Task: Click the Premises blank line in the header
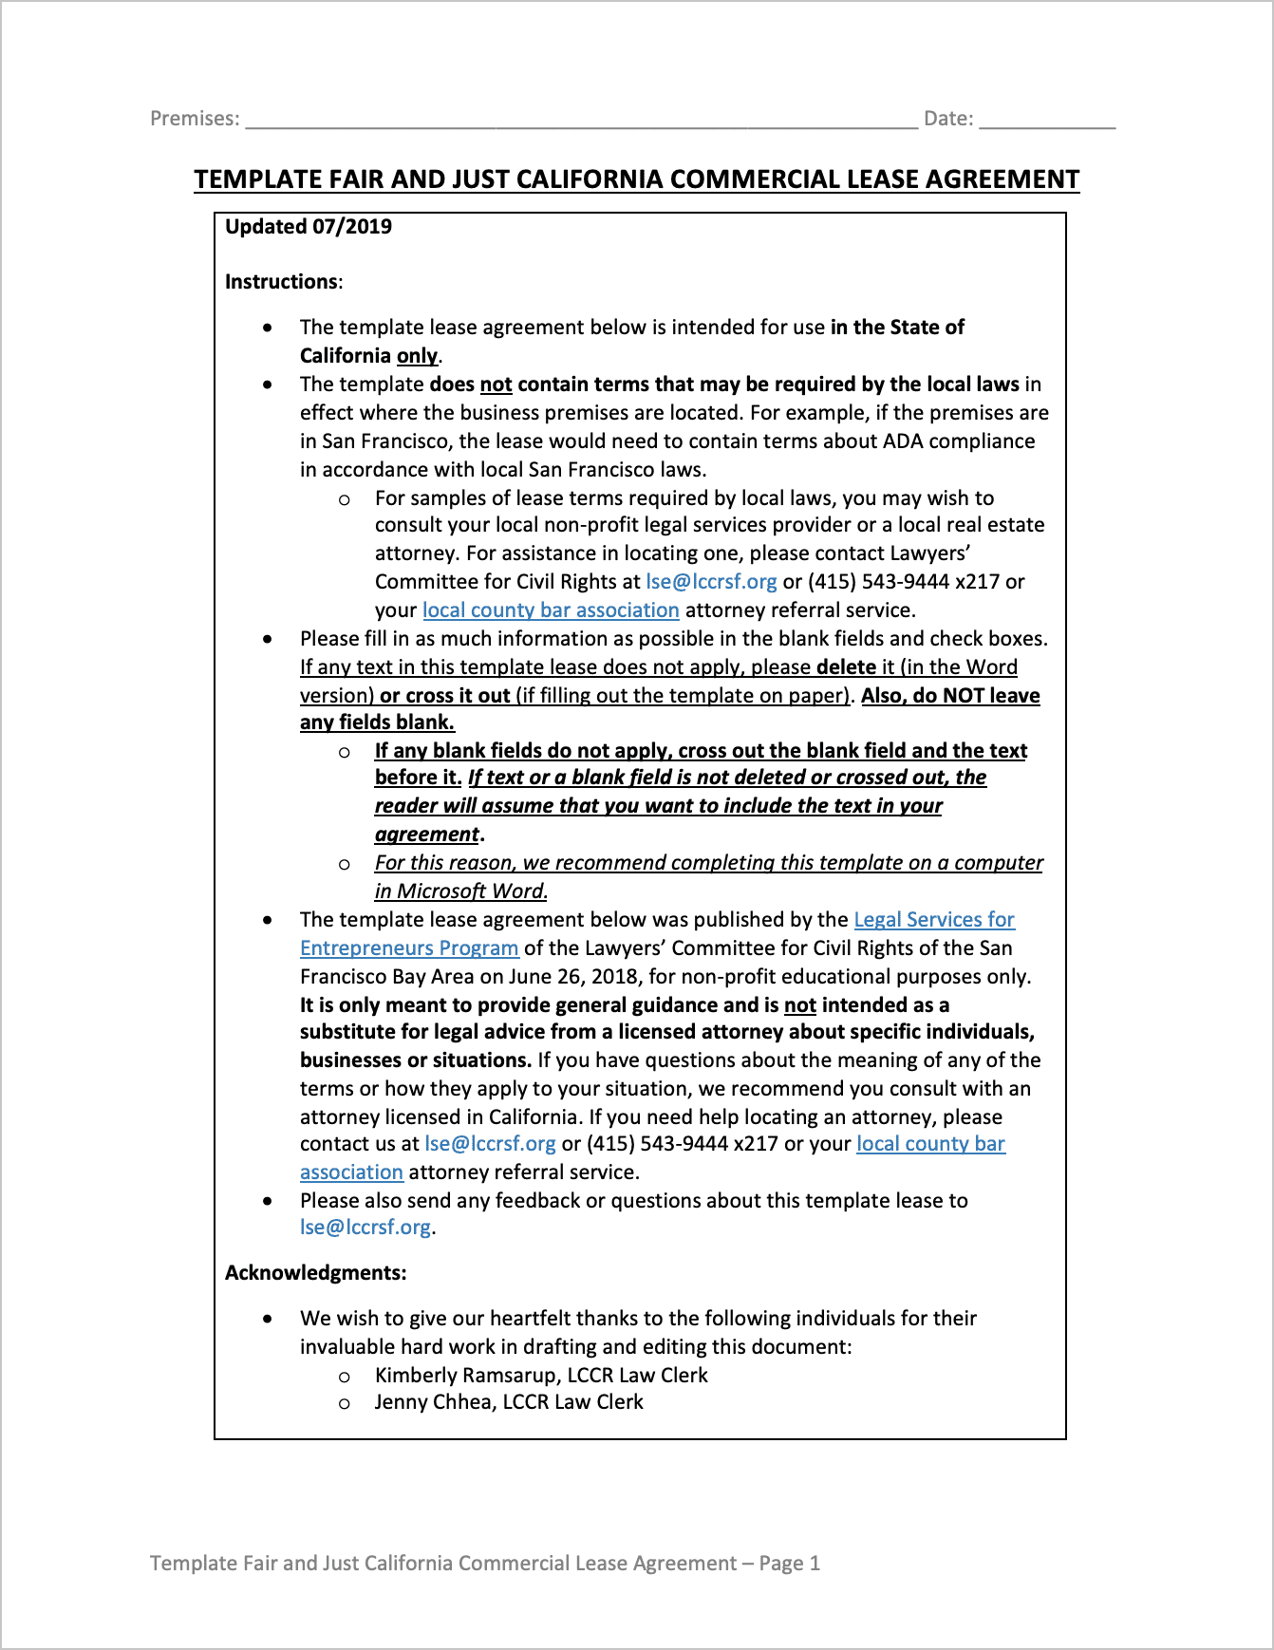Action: (x=581, y=120)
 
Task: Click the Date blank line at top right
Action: (x=1047, y=120)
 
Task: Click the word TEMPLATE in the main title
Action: (x=258, y=179)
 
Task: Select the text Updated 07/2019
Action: (x=309, y=227)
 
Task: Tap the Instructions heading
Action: (x=282, y=282)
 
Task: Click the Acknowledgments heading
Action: (x=315, y=1273)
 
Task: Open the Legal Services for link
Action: (x=934, y=920)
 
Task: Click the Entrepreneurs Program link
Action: (x=409, y=948)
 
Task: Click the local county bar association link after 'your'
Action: (x=551, y=610)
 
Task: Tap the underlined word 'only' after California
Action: (x=418, y=356)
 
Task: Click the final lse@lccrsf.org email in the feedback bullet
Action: (x=365, y=1228)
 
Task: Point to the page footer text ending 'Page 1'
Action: (x=484, y=1564)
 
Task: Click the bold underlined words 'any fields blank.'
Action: (x=377, y=722)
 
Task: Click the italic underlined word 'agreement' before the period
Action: (x=426, y=834)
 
